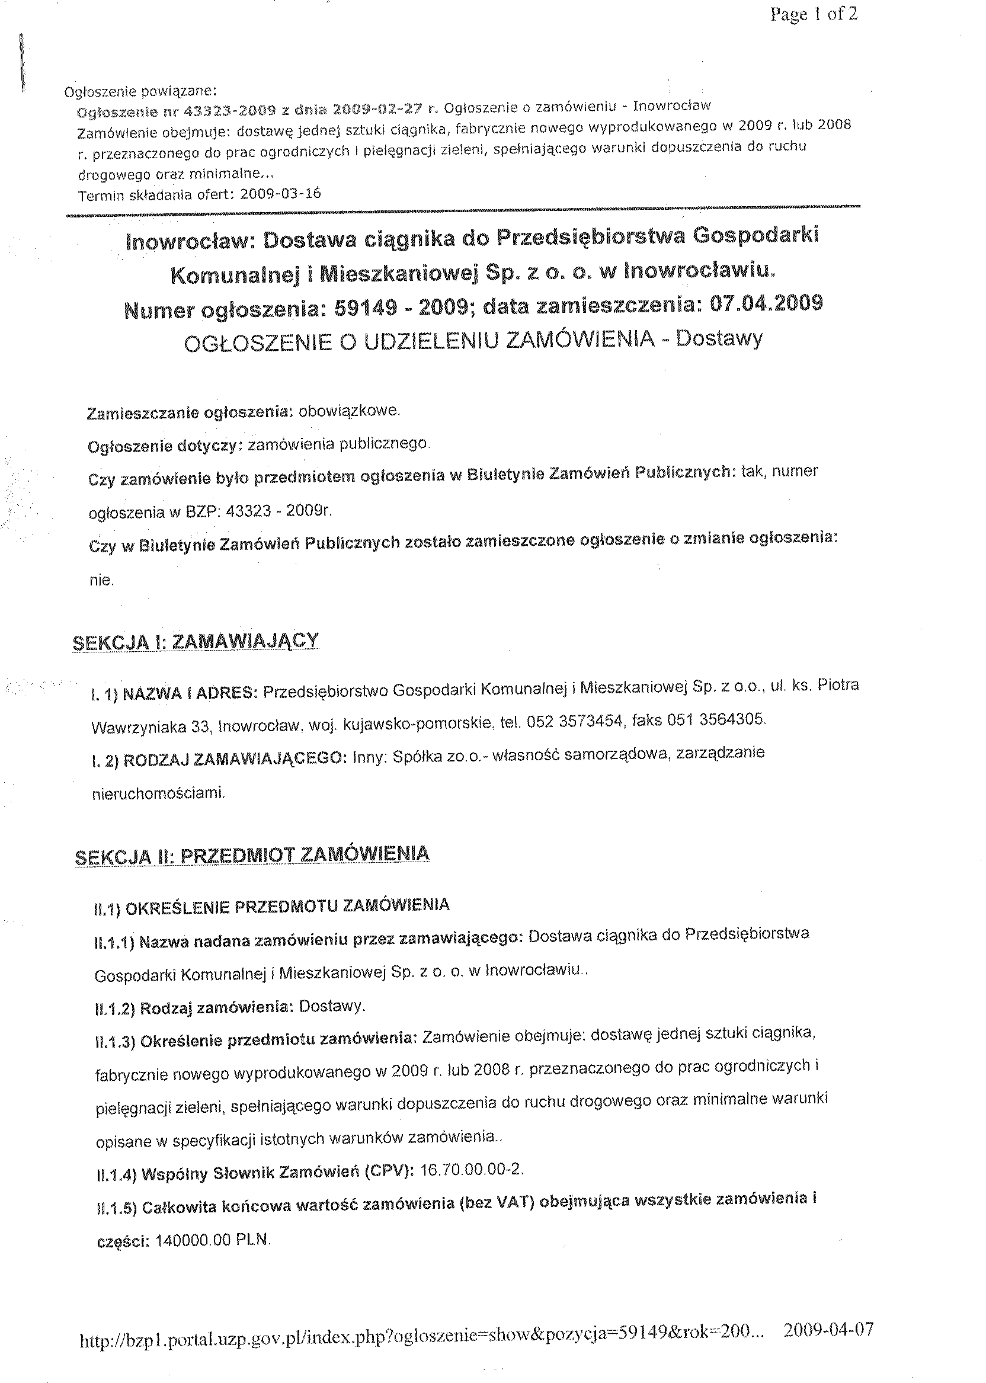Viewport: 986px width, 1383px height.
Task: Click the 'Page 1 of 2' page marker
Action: click(813, 15)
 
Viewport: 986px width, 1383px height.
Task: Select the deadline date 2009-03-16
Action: click(280, 194)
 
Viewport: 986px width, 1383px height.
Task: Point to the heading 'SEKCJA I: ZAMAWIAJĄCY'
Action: click(195, 642)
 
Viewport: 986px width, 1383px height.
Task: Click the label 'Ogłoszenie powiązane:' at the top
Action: click(140, 92)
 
